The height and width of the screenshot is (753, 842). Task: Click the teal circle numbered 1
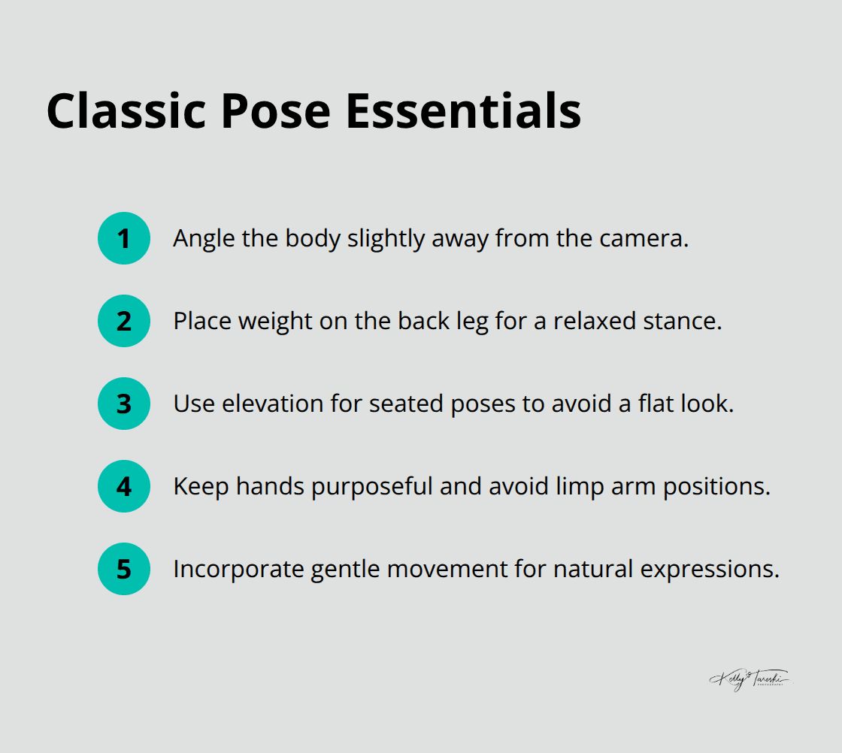[x=124, y=238]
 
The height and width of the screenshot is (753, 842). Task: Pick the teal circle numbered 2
[x=124, y=321]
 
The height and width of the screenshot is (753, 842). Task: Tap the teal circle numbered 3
[x=124, y=404]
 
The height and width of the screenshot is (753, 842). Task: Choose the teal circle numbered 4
[x=124, y=486]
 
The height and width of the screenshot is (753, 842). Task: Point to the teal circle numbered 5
[x=124, y=569]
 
